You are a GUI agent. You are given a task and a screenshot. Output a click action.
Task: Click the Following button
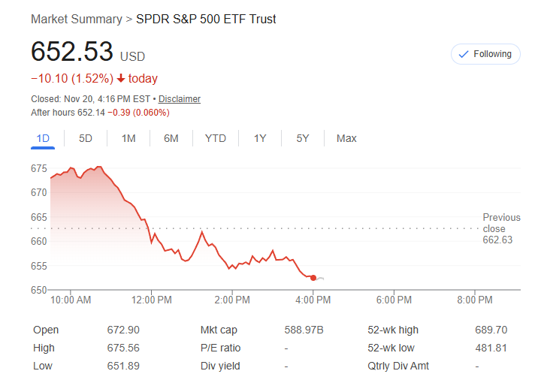[x=485, y=54]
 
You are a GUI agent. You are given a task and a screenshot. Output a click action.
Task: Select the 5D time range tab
[x=86, y=138]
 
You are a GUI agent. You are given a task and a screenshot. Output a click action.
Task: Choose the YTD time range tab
[x=216, y=138]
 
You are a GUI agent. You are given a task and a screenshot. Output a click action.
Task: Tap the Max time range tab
[x=346, y=138]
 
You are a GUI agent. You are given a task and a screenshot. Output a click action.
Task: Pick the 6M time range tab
[x=171, y=138]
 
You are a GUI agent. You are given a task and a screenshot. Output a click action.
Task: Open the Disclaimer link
[x=180, y=99]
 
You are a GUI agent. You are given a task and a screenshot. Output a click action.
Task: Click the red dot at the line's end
[x=313, y=278]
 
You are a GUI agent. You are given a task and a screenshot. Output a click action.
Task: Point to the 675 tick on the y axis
[x=39, y=167]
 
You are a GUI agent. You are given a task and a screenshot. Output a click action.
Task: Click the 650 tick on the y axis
[x=39, y=290]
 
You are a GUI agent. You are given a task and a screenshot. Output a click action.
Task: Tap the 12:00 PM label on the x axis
[x=151, y=300]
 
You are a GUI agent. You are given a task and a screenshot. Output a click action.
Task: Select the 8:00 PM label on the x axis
[x=475, y=300]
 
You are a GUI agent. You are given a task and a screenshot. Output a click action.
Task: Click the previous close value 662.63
[x=497, y=240]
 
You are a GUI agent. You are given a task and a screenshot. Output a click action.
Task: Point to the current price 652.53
[x=72, y=52]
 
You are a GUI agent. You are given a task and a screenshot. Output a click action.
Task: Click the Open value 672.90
[x=123, y=330]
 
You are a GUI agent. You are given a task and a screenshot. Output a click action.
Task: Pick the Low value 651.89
[x=123, y=366]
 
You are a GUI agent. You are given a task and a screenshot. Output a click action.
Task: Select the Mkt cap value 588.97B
[x=304, y=330]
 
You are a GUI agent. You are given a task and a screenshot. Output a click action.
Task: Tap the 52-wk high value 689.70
[x=491, y=330]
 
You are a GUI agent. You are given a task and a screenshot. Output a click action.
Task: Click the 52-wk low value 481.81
[x=491, y=348]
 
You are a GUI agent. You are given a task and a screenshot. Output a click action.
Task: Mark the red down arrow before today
[x=120, y=79]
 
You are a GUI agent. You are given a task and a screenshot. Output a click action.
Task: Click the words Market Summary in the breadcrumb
[x=76, y=19]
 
